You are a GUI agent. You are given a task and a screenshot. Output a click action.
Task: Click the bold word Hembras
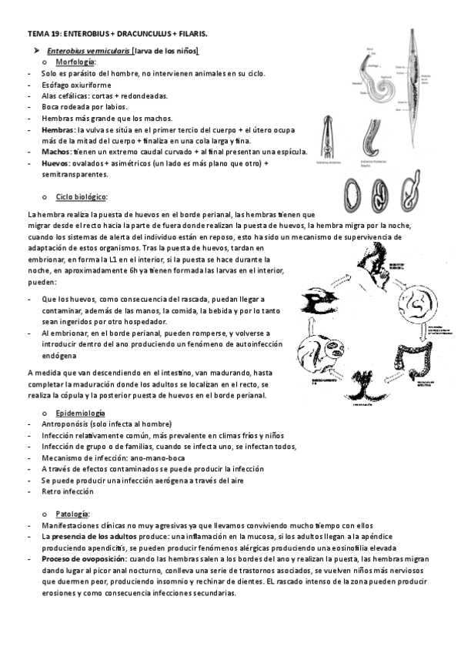[x=58, y=130]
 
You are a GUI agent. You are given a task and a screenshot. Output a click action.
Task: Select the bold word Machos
[x=56, y=152]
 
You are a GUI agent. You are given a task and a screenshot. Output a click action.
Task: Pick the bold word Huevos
[x=56, y=163]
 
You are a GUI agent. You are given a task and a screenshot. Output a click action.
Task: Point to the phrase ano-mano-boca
[x=157, y=457]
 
